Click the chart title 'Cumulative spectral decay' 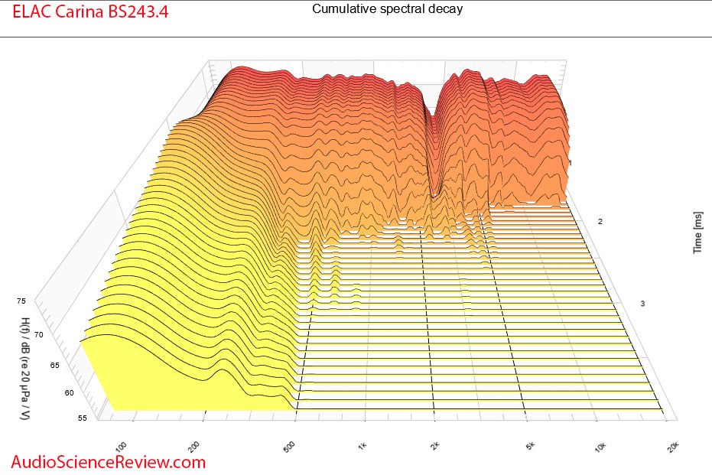[387, 9]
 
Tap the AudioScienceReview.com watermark [109, 461]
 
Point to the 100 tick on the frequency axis [121, 444]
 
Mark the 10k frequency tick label [600, 444]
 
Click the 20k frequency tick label [671, 444]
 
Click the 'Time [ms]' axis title [698, 233]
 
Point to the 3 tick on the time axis [642, 304]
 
